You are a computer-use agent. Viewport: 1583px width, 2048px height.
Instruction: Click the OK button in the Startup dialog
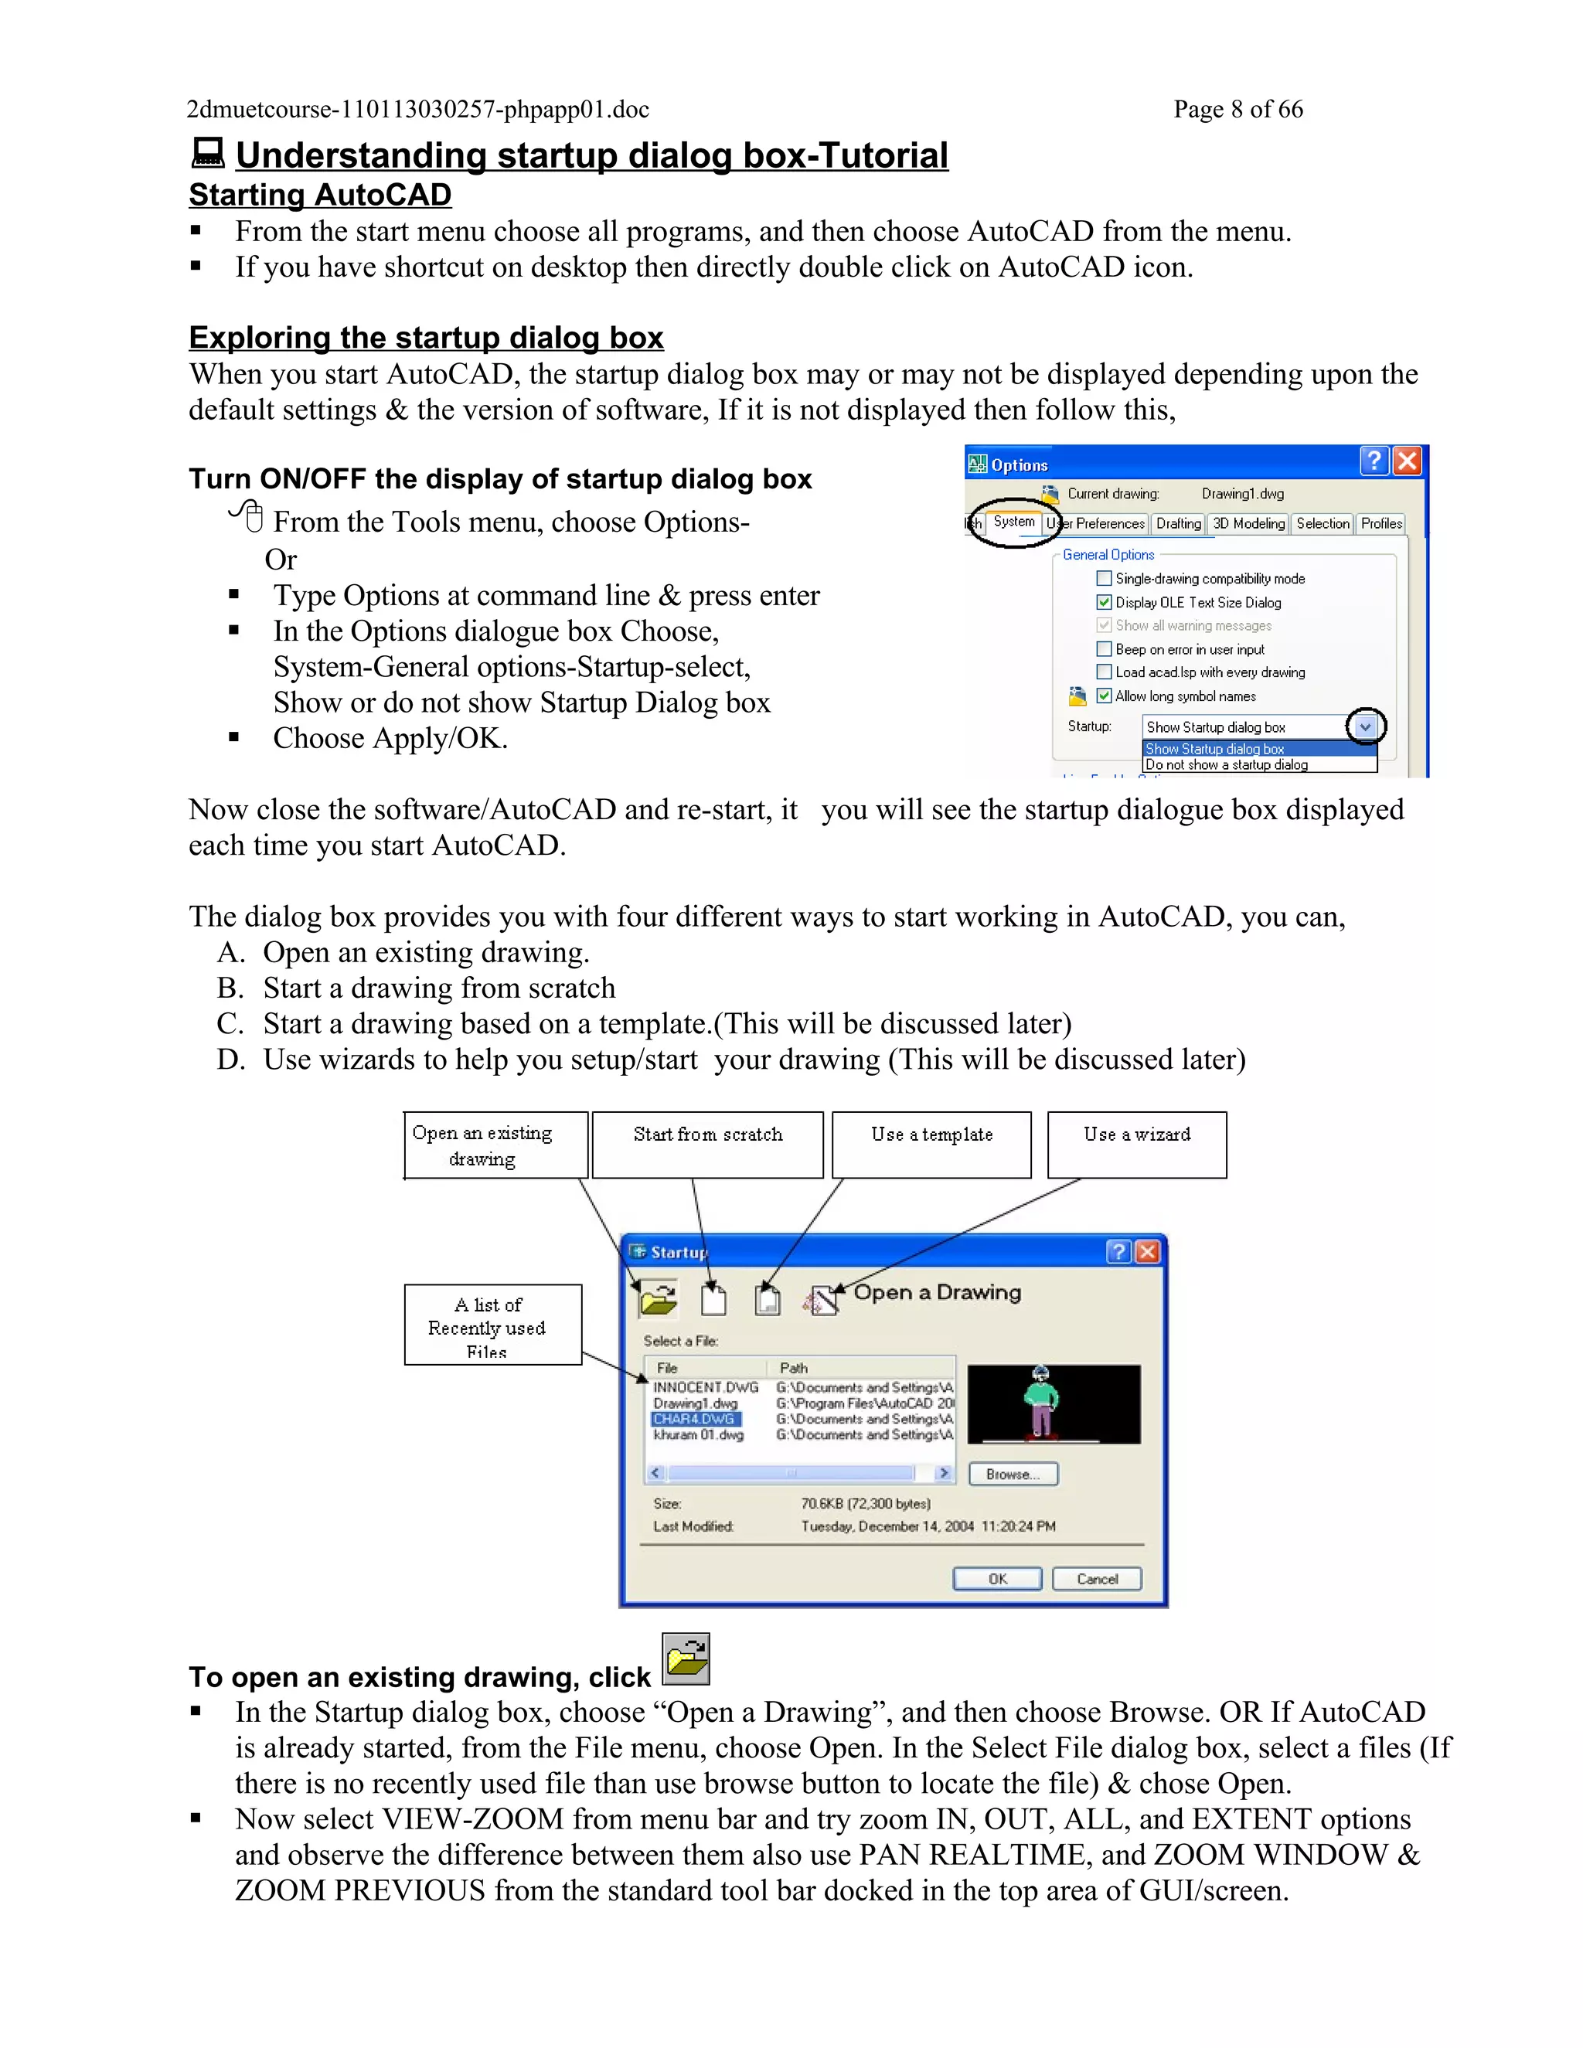997,1579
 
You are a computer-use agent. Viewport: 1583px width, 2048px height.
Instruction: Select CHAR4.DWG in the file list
695,1419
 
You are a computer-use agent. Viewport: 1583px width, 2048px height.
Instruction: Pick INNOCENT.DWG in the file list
705,1387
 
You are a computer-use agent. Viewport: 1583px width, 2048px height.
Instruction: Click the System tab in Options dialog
1014,522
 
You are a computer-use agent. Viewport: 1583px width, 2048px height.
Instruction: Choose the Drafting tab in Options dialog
1178,523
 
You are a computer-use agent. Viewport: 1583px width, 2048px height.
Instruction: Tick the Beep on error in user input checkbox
1104,649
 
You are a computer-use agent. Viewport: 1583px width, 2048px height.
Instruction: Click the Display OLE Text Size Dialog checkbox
1104,602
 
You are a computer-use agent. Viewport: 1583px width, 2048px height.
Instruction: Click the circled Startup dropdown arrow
1366,726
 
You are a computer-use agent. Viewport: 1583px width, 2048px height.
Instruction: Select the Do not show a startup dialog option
1227,765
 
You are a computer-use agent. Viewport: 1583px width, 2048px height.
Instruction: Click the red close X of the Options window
1407,461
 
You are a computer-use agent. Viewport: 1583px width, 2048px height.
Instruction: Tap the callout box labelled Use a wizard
1136,1144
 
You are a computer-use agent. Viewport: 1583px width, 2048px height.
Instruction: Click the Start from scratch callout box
707,1144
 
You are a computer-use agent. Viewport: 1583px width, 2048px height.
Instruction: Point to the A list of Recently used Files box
492,1324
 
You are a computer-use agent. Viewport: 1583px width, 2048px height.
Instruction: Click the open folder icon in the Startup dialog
659,1301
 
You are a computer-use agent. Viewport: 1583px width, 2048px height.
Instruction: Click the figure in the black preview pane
1040,1403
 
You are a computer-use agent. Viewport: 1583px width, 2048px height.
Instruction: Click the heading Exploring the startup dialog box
426,338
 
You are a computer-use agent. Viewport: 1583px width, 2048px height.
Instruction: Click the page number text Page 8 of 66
1238,110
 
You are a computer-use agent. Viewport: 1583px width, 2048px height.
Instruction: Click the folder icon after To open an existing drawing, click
686,1658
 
